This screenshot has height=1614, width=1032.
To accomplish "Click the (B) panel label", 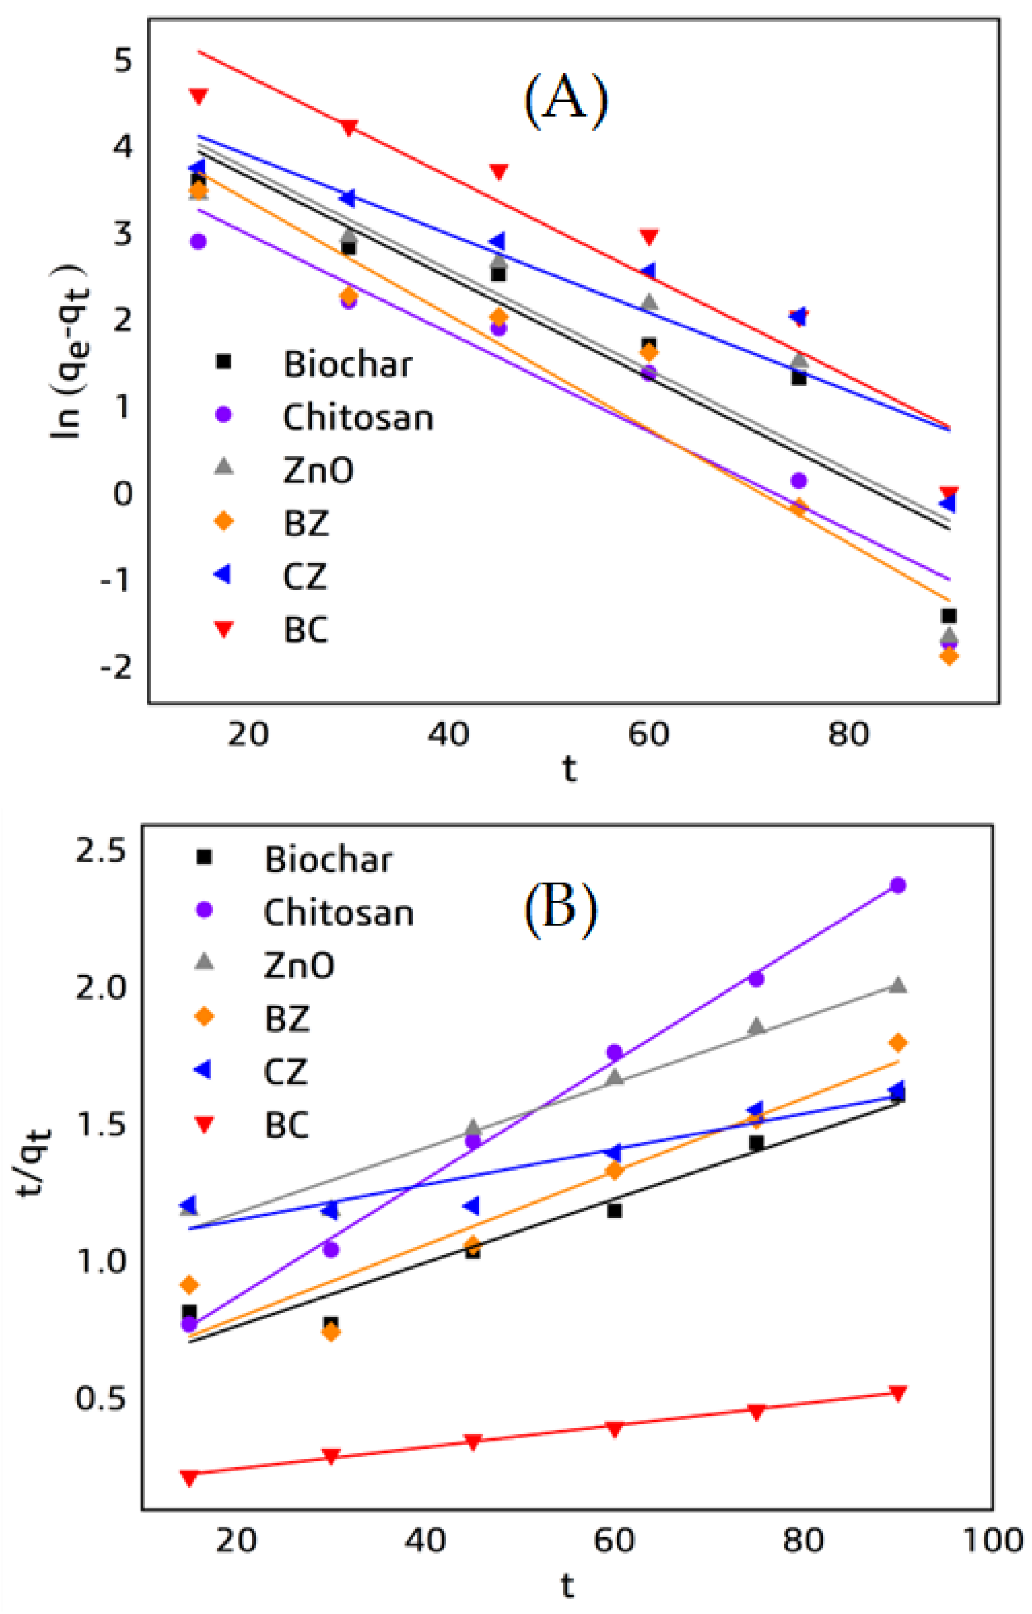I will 560,910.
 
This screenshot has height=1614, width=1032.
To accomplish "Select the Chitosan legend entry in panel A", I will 358,417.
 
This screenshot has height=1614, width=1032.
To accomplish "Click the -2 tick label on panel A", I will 116,667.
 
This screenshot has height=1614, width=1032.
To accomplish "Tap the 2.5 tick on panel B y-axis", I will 101,851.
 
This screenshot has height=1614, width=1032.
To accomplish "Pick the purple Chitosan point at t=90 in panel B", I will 898,885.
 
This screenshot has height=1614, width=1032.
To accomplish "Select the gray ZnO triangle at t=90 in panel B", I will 898,985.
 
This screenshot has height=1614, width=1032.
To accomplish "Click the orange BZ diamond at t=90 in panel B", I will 898,1042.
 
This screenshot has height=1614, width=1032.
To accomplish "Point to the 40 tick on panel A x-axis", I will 449,735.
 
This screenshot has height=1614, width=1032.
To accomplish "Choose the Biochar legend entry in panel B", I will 328,859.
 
